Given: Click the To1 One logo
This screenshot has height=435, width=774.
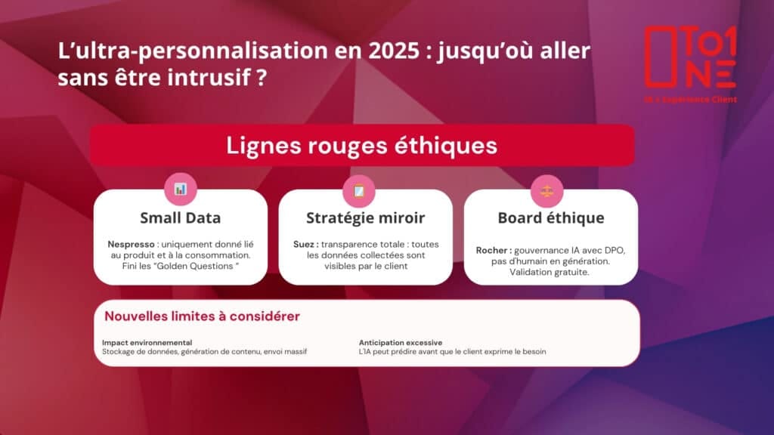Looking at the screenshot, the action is (x=690, y=57).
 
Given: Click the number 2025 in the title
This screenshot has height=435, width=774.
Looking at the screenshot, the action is (x=394, y=51).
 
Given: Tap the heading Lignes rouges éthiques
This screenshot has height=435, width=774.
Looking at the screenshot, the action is (x=362, y=146).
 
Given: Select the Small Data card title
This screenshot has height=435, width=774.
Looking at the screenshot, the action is (x=181, y=217).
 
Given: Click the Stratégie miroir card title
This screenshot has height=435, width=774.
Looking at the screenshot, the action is (x=365, y=217).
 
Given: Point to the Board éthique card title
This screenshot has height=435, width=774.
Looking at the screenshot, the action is (x=551, y=217).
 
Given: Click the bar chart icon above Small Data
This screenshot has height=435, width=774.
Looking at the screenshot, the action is (x=181, y=189).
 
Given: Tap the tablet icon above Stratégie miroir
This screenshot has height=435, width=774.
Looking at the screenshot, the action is (x=359, y=190).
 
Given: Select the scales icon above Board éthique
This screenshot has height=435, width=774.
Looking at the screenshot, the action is (x=547, y=191).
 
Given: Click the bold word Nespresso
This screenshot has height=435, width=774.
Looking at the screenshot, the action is (x=131, y=244).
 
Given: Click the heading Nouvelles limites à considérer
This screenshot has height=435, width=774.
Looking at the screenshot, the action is (x=202, y=316).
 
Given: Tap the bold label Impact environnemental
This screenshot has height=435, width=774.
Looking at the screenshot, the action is (x=147, y=342).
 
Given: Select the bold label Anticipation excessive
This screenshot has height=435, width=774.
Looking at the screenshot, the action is (x=401, y=342).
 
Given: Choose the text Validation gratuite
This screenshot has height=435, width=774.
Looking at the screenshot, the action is (x=550, y=272).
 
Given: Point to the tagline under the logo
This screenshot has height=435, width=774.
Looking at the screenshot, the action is (x=690, y=100).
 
